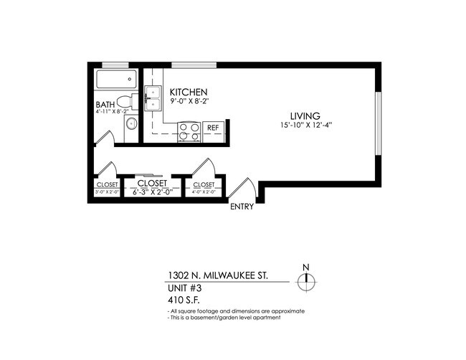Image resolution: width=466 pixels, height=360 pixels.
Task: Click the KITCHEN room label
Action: [x=189, y=93]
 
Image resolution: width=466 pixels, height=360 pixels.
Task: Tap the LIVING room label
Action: [x=305, y=115]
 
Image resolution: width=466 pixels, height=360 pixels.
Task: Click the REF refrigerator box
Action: [x=213, y=128]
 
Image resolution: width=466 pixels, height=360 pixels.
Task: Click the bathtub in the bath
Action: [x=115, y=80]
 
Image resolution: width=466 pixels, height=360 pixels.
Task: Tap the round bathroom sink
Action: [x=130, y=125]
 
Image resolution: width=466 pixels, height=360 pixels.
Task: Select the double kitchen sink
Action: [x=153, y=98]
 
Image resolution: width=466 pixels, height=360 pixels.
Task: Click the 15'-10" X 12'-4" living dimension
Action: [x=306, y=125]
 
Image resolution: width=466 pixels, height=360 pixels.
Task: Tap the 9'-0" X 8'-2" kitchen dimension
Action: [x=189, y=102]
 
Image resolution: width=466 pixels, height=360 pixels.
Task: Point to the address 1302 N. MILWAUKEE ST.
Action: [x=218, y=275]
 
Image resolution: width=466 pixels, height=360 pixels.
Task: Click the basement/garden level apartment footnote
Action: [x=224, y=317]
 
